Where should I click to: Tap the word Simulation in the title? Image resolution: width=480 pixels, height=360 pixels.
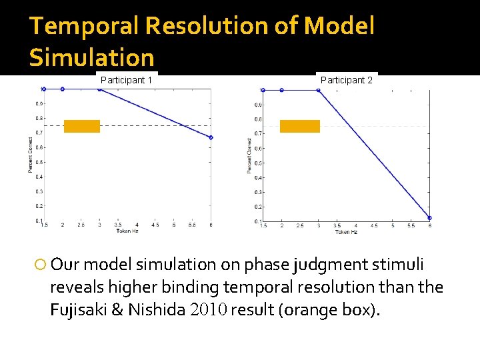91,58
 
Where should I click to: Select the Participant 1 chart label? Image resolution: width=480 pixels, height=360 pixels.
127,80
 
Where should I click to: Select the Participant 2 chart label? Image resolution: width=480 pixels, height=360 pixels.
346,80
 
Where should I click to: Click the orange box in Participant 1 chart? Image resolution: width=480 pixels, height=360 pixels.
82,127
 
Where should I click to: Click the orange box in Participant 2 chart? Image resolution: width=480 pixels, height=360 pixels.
299,127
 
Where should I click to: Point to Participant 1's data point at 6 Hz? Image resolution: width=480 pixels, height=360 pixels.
211,137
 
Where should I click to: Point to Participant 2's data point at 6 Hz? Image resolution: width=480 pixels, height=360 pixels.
429,218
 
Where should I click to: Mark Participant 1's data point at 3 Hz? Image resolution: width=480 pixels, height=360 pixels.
99,89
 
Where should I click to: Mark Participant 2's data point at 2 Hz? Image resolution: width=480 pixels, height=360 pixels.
281,90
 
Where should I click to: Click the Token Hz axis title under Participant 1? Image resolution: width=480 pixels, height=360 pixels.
127,231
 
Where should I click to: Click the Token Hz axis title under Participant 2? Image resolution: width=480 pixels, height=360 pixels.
346,232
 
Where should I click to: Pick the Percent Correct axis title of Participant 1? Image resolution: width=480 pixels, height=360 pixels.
30,155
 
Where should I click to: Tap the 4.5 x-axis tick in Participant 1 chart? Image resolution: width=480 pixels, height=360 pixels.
155,226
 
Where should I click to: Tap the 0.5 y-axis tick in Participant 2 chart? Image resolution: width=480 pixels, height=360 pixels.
257,163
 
